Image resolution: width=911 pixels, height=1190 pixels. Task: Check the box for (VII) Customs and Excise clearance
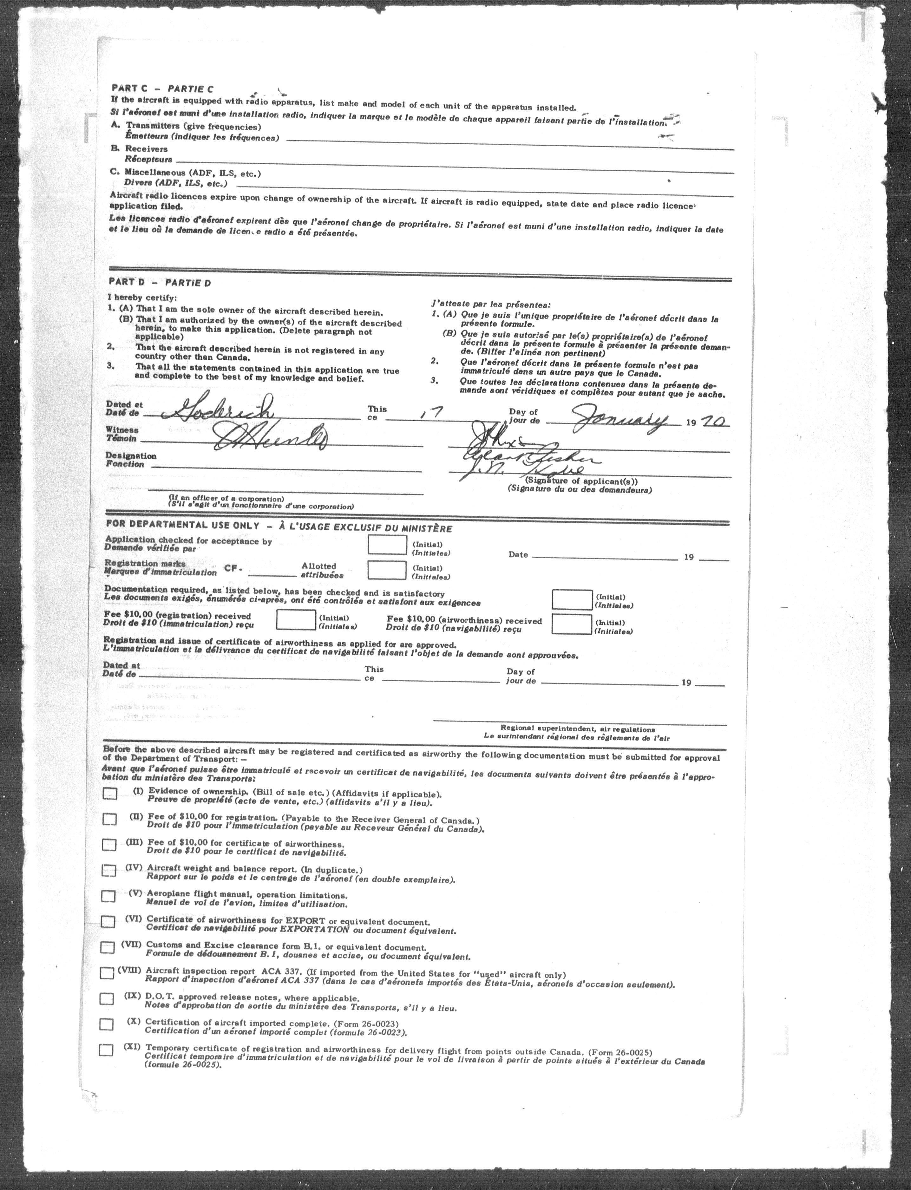pos(108,947)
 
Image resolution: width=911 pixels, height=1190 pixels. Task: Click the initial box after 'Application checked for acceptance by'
pos(387,545)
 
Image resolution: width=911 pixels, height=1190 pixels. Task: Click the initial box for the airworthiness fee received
pos(572,624)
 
